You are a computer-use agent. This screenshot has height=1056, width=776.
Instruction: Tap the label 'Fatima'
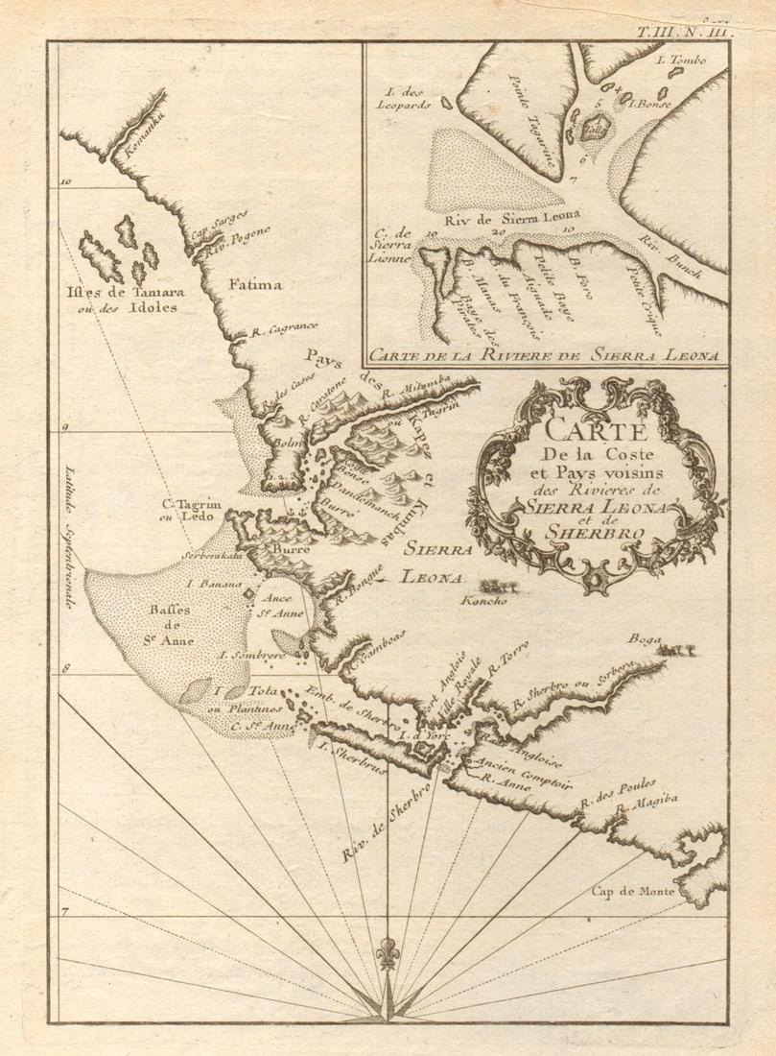pyautogui.click(x=255, y=284)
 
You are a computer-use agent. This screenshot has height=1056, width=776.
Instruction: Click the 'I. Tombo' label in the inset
pyautogui.click(x=681, y=60)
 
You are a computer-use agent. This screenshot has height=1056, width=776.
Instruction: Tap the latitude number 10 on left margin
pyautogui.click(x=66, y=180)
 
